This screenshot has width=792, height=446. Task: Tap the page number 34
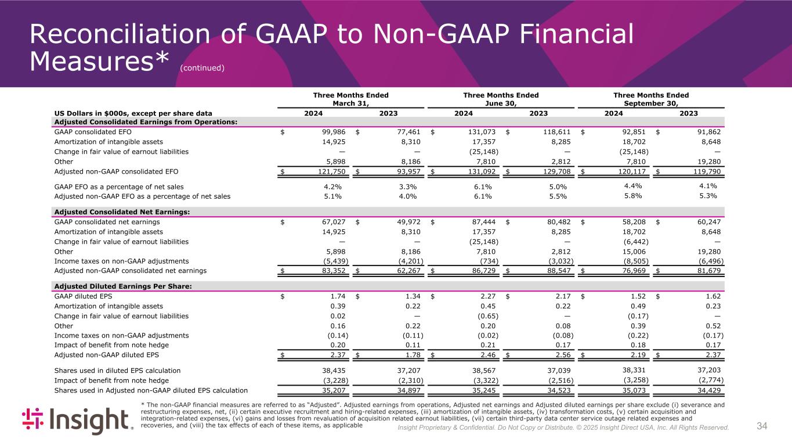pyautogui.click(x=762, y=427)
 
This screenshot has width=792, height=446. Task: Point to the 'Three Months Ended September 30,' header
pyautogui.click(x=651, y=99)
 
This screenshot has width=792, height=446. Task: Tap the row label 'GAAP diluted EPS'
pyautogui.click(x=82, y=296)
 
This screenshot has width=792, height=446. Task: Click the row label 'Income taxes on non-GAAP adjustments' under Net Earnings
pyautogui.click(x=121, y=261)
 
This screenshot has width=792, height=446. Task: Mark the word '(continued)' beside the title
pyautogui.click(x=202, y=68)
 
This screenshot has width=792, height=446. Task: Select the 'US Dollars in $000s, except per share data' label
pyautogui.click(x=133, y=113)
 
